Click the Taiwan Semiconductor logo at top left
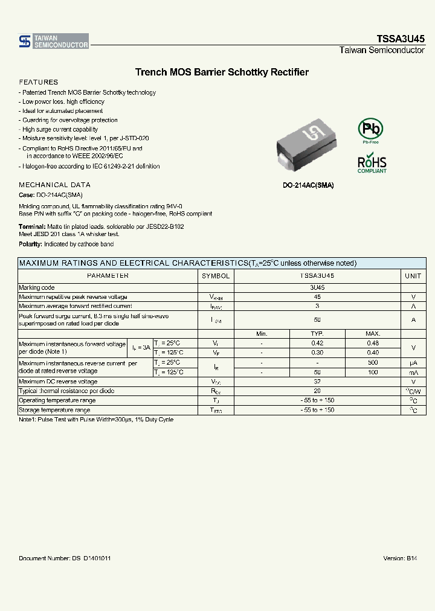pos(54,41)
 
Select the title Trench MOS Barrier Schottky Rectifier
pos(222,72)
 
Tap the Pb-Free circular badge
pos(371,130)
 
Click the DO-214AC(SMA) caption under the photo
pos(308,185)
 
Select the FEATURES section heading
pos(39,82)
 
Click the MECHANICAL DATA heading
pos(55,185)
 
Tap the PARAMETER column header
pos(108,275)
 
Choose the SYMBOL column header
pos(216,275)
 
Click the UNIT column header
pos(413,275)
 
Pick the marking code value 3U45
pos(317,288)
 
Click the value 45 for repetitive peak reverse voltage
pos(317,297)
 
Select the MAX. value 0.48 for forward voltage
pos(373,344)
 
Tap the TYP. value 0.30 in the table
pos(317,353)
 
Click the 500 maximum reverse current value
pos(373,362)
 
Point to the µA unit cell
pos(413,363)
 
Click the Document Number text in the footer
pos(65,558)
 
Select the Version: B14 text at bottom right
pos(400,558)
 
